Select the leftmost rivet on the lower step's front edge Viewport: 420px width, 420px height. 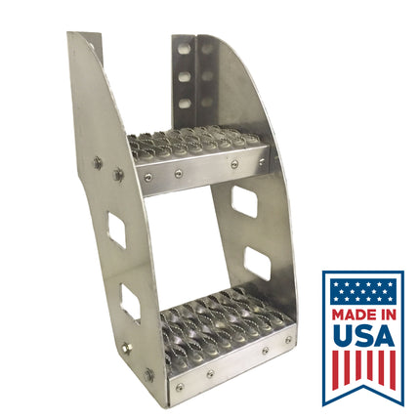pos(178,387)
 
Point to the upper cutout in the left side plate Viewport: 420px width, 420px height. pos(116,229)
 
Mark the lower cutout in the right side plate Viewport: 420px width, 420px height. pos(257,264)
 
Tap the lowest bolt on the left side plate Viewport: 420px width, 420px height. pos(149,373)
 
